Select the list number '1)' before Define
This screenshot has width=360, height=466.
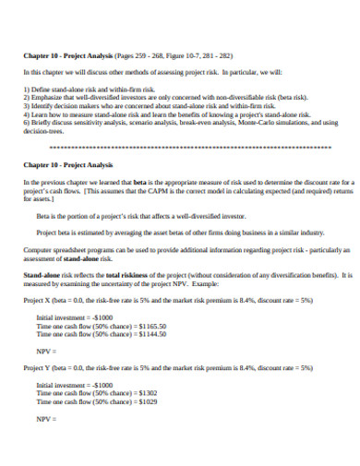(27, 88)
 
